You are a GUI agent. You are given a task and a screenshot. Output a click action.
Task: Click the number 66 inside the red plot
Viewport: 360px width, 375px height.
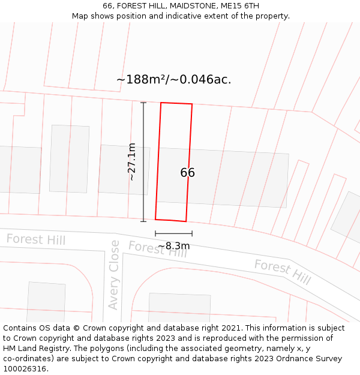[187, 173]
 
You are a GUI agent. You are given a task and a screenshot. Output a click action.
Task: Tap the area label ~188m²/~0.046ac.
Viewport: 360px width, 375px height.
[173, 79]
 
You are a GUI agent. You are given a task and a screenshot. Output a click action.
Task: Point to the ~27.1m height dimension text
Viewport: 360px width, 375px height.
[131, 162]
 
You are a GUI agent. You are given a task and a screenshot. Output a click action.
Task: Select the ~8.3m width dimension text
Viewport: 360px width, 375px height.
[173, 246]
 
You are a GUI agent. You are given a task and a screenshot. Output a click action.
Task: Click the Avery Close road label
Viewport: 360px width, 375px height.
[114, 275]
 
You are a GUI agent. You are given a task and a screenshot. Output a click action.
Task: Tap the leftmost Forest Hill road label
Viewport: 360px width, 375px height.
[36, 240]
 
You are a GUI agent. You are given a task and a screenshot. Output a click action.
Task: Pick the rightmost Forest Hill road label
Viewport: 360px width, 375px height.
[282, 272]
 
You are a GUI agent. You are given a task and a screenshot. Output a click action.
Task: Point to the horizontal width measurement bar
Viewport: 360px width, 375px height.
[173, 233]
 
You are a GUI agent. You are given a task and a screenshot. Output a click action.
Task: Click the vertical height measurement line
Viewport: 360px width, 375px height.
[143, 162]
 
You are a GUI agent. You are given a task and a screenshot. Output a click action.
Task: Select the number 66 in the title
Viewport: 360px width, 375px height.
[108, 6]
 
